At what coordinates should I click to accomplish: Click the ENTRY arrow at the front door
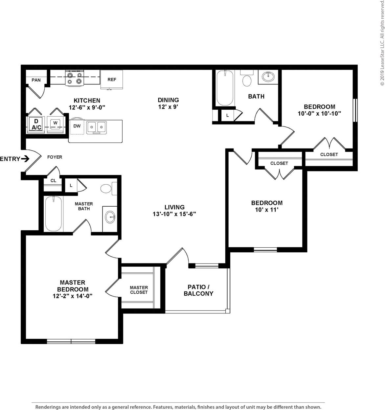pyautogui.click(x=25, y=159)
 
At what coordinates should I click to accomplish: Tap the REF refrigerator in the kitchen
pyautogui.click(x=112, y=80)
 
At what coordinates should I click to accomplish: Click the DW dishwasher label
pyautogui.click(x=77, y=126)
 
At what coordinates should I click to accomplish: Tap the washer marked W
pyautogui.click(x=55, y=124)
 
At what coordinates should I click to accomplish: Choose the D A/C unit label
pyautogui.click(x=36, y=125)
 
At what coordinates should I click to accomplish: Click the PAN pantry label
pyautogui.click(x=36, y=80)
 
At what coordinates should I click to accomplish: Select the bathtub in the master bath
pyautogui.click(x=53, y=214)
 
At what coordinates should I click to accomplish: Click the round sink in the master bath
pyautogui.click(x=110, y=217)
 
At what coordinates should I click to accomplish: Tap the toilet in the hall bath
pyautogui.click(x=247, y=80)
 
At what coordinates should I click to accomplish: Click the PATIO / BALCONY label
pyautogui.click(x=198, y=290)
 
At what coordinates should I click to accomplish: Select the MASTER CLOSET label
pyautogui.click(x=139, y=290)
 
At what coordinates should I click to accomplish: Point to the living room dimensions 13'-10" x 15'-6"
pyautogui.click(x=174, y=214)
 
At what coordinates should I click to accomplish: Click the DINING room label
pyautogui.click(x=168, y=100)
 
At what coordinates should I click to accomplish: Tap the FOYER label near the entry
pyautogui.click(x=55, y=157)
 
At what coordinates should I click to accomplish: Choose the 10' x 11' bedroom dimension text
pyautogui.click(x=267, y=210)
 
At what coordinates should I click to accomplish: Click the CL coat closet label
pyautogui.click(x=53, y=181)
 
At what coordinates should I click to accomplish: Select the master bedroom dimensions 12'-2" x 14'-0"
pyautogui.click(x=72, y=296)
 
